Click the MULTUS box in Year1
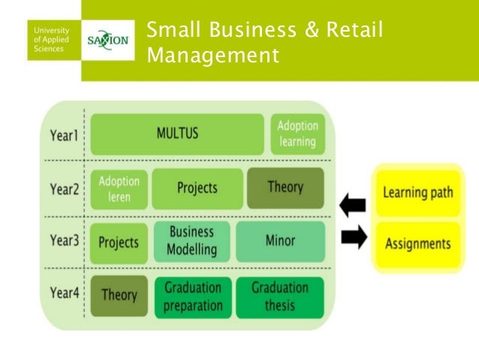pyautogui.click(x=176, y=134)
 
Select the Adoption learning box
pyautogui.click(x=297, y=134)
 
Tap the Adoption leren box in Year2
pyautogui.click(x=119, y=189)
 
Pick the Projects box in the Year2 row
pyautogui.click(x=197, y=188)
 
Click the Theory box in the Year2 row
pyautogui.click(x=285, y=187)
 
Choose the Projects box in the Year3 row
pyautogui.click(x=119, y=242)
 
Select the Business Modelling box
pyautogui.click(x=192, y=241)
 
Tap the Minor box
pyautogui.click(x=280, y=241)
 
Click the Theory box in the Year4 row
pyautogui.click(x=119, y=296)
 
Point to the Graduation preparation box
pyautogui.click(x=193, y=296)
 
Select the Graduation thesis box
pyautogui.click(x=279, y=296)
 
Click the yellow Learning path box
pyautogui.click(x=418, y=192)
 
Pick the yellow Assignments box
pyautogui.click(x=417, y=243)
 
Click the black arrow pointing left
pyautogui.click(x=353, y=204)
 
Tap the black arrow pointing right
pyautogui.click(x=353, y=237)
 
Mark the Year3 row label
pyautogui.click(x=65, y=241)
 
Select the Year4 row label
pyautogui.click(x=65, y=294)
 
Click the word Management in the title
pyautogui.click(x=213, y=55)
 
